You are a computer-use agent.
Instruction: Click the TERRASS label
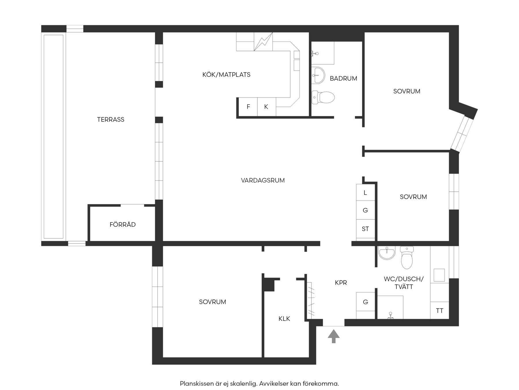pyautogui.click(x=110, y=120)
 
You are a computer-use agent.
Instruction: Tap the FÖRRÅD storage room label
pyautogui.click(x=123, y=224)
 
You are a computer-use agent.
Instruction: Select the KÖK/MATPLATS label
pyautogui.click(x=226, y=75)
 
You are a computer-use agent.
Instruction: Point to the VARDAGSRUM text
pyautogui.click(x=263, y=180)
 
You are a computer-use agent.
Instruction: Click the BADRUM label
pyautogui.click(x=343, y=78)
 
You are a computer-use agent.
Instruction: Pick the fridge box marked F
pyautogui.click(x=248, y=107)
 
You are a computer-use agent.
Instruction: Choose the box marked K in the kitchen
pyautogui.click(x=266, y=107)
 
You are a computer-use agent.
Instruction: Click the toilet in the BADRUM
pyautogui.click(x=323, y=97)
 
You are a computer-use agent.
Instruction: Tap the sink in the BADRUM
pyautogui.click(x=318, y=75)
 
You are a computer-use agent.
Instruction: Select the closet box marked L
pyautogui.click(x=365, y=192)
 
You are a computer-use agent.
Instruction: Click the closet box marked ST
pyautogui.click(x=365, y=229)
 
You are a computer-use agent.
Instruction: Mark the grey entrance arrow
pyautogui.click(x=334, y=336)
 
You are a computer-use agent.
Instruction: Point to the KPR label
pyautogui.click(x=341, y=283)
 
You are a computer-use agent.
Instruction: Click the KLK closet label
pyautogui.click(x=284, y=319)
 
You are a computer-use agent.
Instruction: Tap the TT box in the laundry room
pyautogui.click(x=439, y=311)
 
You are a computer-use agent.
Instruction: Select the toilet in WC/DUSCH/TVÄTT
pyautogui.click(x=407, y=257)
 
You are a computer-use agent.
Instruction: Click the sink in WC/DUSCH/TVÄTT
pyautogui.click(x=387, y=253)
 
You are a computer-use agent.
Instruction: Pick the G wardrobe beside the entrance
pyautogui.click(x=365, y=302)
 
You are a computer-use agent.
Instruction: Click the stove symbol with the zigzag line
pyautogui.click(x=263, y=42)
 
